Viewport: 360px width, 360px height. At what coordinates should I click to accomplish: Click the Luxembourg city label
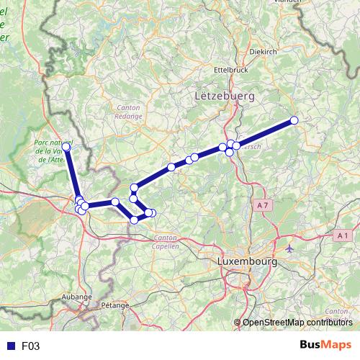pyautogui.click(x=247, y=262)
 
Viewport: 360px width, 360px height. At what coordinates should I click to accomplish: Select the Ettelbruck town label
pyautogui.click(x=231, y=70)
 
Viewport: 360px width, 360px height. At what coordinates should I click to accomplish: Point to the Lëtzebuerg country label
pyautogui.click(x=224, y=94)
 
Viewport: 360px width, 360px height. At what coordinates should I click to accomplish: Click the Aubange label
pyautogui.click(x=78, y=296)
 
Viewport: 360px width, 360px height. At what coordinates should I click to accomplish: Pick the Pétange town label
pyautogui.click(x=115, y=305)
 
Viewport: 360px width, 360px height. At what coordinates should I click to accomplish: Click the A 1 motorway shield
pyautogui.click(x=342, y=235)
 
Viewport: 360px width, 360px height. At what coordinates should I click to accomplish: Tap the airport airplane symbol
pyautogui.click(x=289, y=248)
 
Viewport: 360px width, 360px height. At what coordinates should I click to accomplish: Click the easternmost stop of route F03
pyautogui.click(x=294, y=120)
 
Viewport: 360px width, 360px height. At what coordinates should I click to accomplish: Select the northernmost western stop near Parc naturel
pyautogui.click(x=66, y=147)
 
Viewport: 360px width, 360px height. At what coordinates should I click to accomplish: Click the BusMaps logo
pyautogui.click(x=325, y=346)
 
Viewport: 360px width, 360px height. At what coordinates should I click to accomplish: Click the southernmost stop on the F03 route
pyautogui.click(x=135, y=220)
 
